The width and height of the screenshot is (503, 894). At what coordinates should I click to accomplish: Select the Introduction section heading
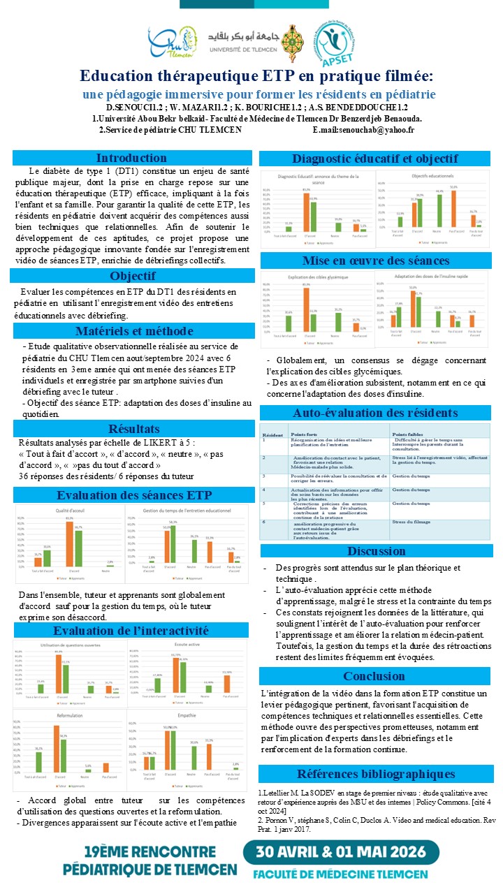tap(131, 158)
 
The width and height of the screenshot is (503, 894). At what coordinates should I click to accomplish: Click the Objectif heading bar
tap(131, 275)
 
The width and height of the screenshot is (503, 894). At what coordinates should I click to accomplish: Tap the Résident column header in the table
tap(272, 434)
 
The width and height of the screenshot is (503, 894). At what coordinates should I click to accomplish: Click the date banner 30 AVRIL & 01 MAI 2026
tap(341, 852)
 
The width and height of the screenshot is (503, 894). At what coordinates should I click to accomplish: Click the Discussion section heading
tap(376, 551)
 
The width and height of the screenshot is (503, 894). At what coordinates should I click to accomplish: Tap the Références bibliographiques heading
tap(376, 774)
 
